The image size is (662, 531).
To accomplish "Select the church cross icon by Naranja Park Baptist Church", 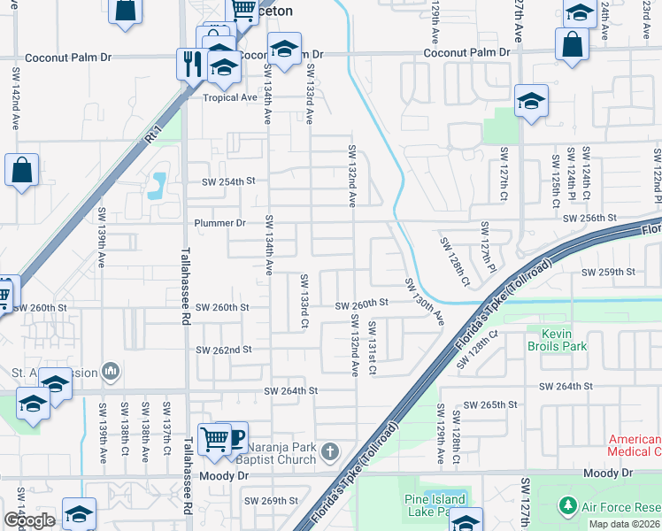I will (329, 453).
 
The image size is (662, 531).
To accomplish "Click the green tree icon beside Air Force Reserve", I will (566, 506).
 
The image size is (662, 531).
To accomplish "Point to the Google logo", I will (29, 520).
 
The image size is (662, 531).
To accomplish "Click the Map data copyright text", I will (625, 524).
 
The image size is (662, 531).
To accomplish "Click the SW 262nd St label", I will (225, 350).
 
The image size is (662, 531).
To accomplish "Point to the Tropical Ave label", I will (229, 97).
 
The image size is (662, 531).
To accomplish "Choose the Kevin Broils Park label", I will (557, 340).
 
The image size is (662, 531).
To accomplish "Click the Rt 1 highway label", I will (152, 135).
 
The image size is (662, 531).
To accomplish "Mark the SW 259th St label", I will (609, 272).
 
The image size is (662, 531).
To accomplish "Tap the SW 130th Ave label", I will (423, 300).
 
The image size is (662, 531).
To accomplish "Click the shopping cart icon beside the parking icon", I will (213, 436).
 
